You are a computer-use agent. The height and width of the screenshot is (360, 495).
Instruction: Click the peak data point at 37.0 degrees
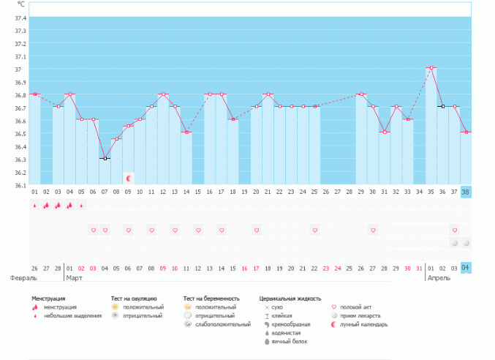click(x=431, y=68)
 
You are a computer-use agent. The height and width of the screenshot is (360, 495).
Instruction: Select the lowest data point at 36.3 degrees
click(x=105, y=158)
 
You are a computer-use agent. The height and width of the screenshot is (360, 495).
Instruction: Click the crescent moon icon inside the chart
click(x=128, y=178)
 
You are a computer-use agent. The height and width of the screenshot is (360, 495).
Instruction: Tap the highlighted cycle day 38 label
click(x=466, y=192)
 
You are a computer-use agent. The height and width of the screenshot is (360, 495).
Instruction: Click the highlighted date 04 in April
click(x=466, y=268)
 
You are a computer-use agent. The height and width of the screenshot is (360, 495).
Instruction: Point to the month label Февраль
click(x=23, y=279)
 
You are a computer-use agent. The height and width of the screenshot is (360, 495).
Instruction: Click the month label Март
click(x=74, y=279)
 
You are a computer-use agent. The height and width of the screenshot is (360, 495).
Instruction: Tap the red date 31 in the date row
click(x=419, y=269)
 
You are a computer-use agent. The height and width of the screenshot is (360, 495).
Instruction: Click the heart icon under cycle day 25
click(x=314, y=230)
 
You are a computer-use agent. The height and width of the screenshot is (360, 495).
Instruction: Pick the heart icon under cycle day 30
click(x=373, y=230)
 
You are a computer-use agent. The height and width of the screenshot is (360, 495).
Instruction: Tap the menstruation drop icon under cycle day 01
click(x=34, y=206)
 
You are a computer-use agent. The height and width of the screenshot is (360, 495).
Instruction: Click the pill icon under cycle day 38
click(x=466, y=242)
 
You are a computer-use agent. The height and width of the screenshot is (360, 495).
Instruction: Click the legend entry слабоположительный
click(x=222, y=324)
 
